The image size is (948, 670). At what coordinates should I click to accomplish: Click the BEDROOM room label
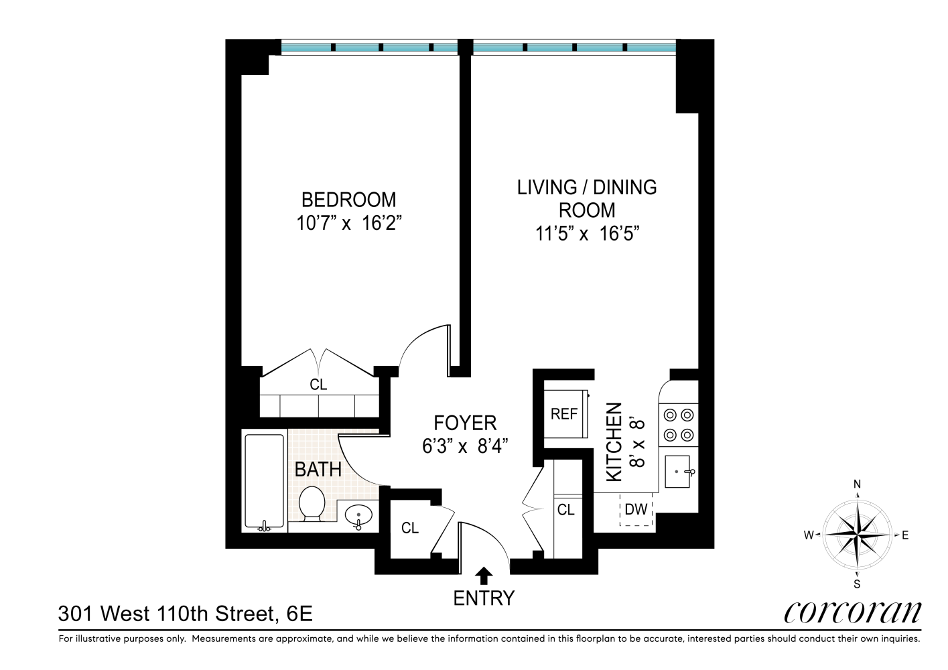click(348, 200)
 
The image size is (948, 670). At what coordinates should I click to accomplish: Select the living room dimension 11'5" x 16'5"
click(587, 234)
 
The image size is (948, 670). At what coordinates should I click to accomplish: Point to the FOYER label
click(465, 423)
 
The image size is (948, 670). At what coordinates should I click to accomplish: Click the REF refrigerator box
click(564, 414)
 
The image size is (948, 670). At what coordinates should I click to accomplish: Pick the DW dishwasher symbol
click(636, 509)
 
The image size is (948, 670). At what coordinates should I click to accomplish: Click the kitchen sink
click(677, 472)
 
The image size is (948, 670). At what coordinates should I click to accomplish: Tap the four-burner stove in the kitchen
click(678, 425)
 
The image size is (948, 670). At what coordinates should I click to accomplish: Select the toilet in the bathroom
click(312, 504)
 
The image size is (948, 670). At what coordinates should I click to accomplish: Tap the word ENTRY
click(484, 598)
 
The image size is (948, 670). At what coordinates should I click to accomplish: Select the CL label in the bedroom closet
click(318, 385)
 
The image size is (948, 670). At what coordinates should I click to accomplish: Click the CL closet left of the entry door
click(410, 528)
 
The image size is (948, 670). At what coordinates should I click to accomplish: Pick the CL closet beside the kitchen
click(566, 510)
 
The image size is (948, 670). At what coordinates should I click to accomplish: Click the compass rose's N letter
click(857, 485)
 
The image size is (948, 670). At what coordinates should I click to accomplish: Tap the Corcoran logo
click(852, 612)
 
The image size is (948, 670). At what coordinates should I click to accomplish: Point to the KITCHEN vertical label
click(614, 442)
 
